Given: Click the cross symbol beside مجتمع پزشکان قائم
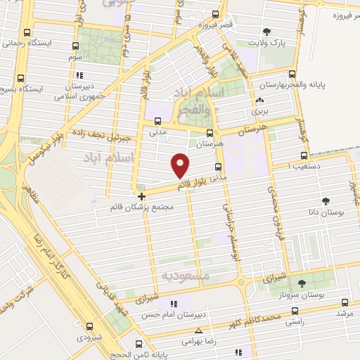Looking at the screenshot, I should [141, 196].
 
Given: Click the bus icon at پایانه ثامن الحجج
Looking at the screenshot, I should [139, 344].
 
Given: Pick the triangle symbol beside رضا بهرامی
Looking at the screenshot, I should [198, 330].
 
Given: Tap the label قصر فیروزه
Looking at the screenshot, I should [214, 26].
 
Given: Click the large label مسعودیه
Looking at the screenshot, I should [186, 276].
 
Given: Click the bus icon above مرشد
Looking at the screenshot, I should [343, 300].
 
